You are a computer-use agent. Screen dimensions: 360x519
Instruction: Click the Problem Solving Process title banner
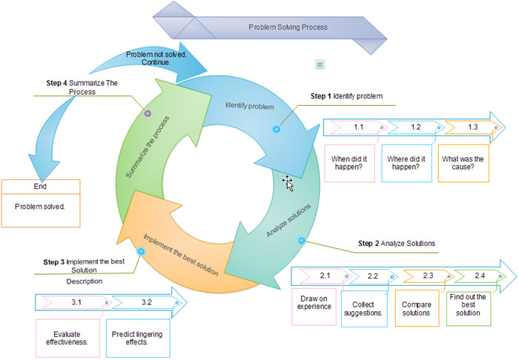coord(288,27)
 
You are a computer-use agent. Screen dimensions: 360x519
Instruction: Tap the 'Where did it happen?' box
coord(406,163)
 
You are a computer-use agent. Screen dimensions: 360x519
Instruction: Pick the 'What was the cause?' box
coord(463,163)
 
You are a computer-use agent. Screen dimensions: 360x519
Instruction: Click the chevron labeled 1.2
coord(415,127)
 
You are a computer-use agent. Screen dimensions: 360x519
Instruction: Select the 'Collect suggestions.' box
coord(368,308)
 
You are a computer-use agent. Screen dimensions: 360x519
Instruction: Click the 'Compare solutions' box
coord(416,308)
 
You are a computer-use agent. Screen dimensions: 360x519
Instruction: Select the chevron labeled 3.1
coord(75,302)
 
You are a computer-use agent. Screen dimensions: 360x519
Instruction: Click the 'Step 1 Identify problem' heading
coord(346,96)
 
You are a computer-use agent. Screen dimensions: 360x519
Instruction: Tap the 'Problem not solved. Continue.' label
coord(155,58)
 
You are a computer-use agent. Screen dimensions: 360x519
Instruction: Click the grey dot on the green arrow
coord(148,114)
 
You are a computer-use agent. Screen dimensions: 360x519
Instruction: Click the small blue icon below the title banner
coord(320,64)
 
